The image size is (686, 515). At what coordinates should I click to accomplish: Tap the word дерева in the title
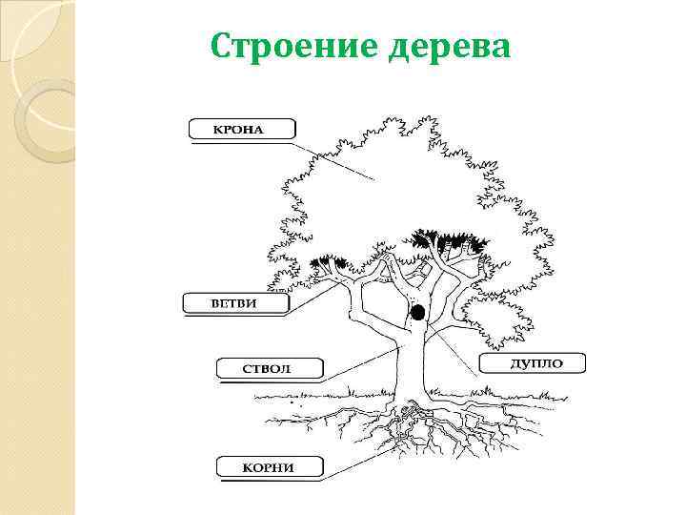tap(450, 45)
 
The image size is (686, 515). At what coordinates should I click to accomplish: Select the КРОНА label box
tap(242, 129)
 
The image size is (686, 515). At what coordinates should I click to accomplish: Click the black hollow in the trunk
tap(416, 312)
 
